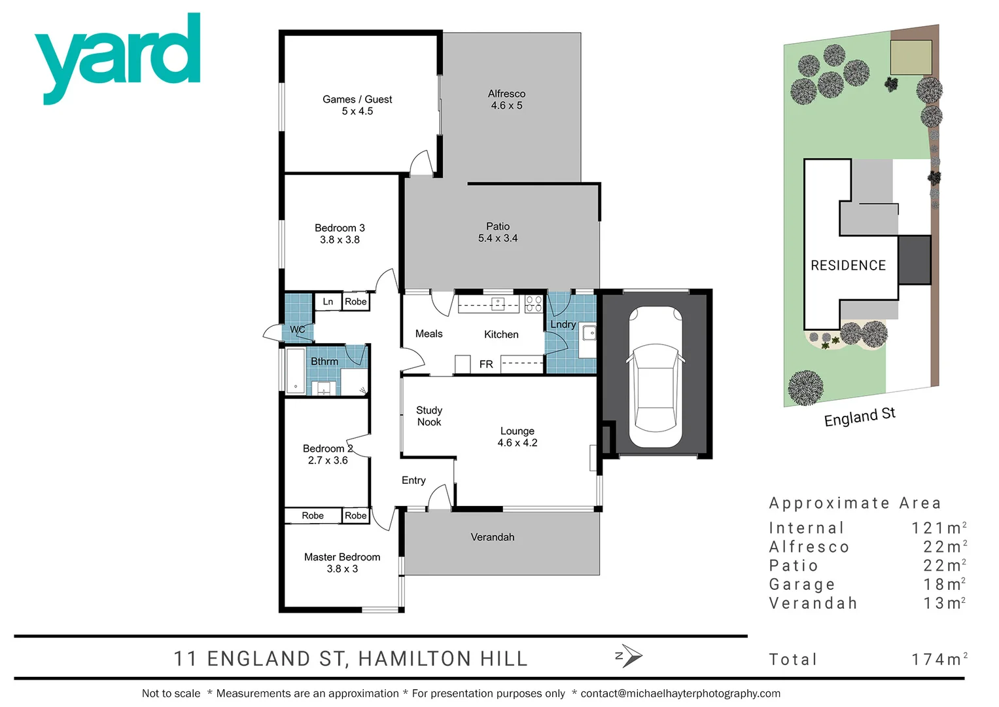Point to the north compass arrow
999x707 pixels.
631,655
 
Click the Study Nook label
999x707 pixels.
429,416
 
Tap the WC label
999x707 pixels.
297,329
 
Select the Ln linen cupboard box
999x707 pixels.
328,302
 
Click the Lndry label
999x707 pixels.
563,324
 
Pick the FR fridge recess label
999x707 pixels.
486,364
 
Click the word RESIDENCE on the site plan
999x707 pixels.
848,265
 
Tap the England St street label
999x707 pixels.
860,416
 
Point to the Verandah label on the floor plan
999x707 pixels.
493,537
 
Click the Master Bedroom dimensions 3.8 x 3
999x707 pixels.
342,569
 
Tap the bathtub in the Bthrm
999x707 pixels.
296,371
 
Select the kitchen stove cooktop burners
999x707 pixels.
534,303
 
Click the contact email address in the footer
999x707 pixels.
680,693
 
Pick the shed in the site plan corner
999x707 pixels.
911,57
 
